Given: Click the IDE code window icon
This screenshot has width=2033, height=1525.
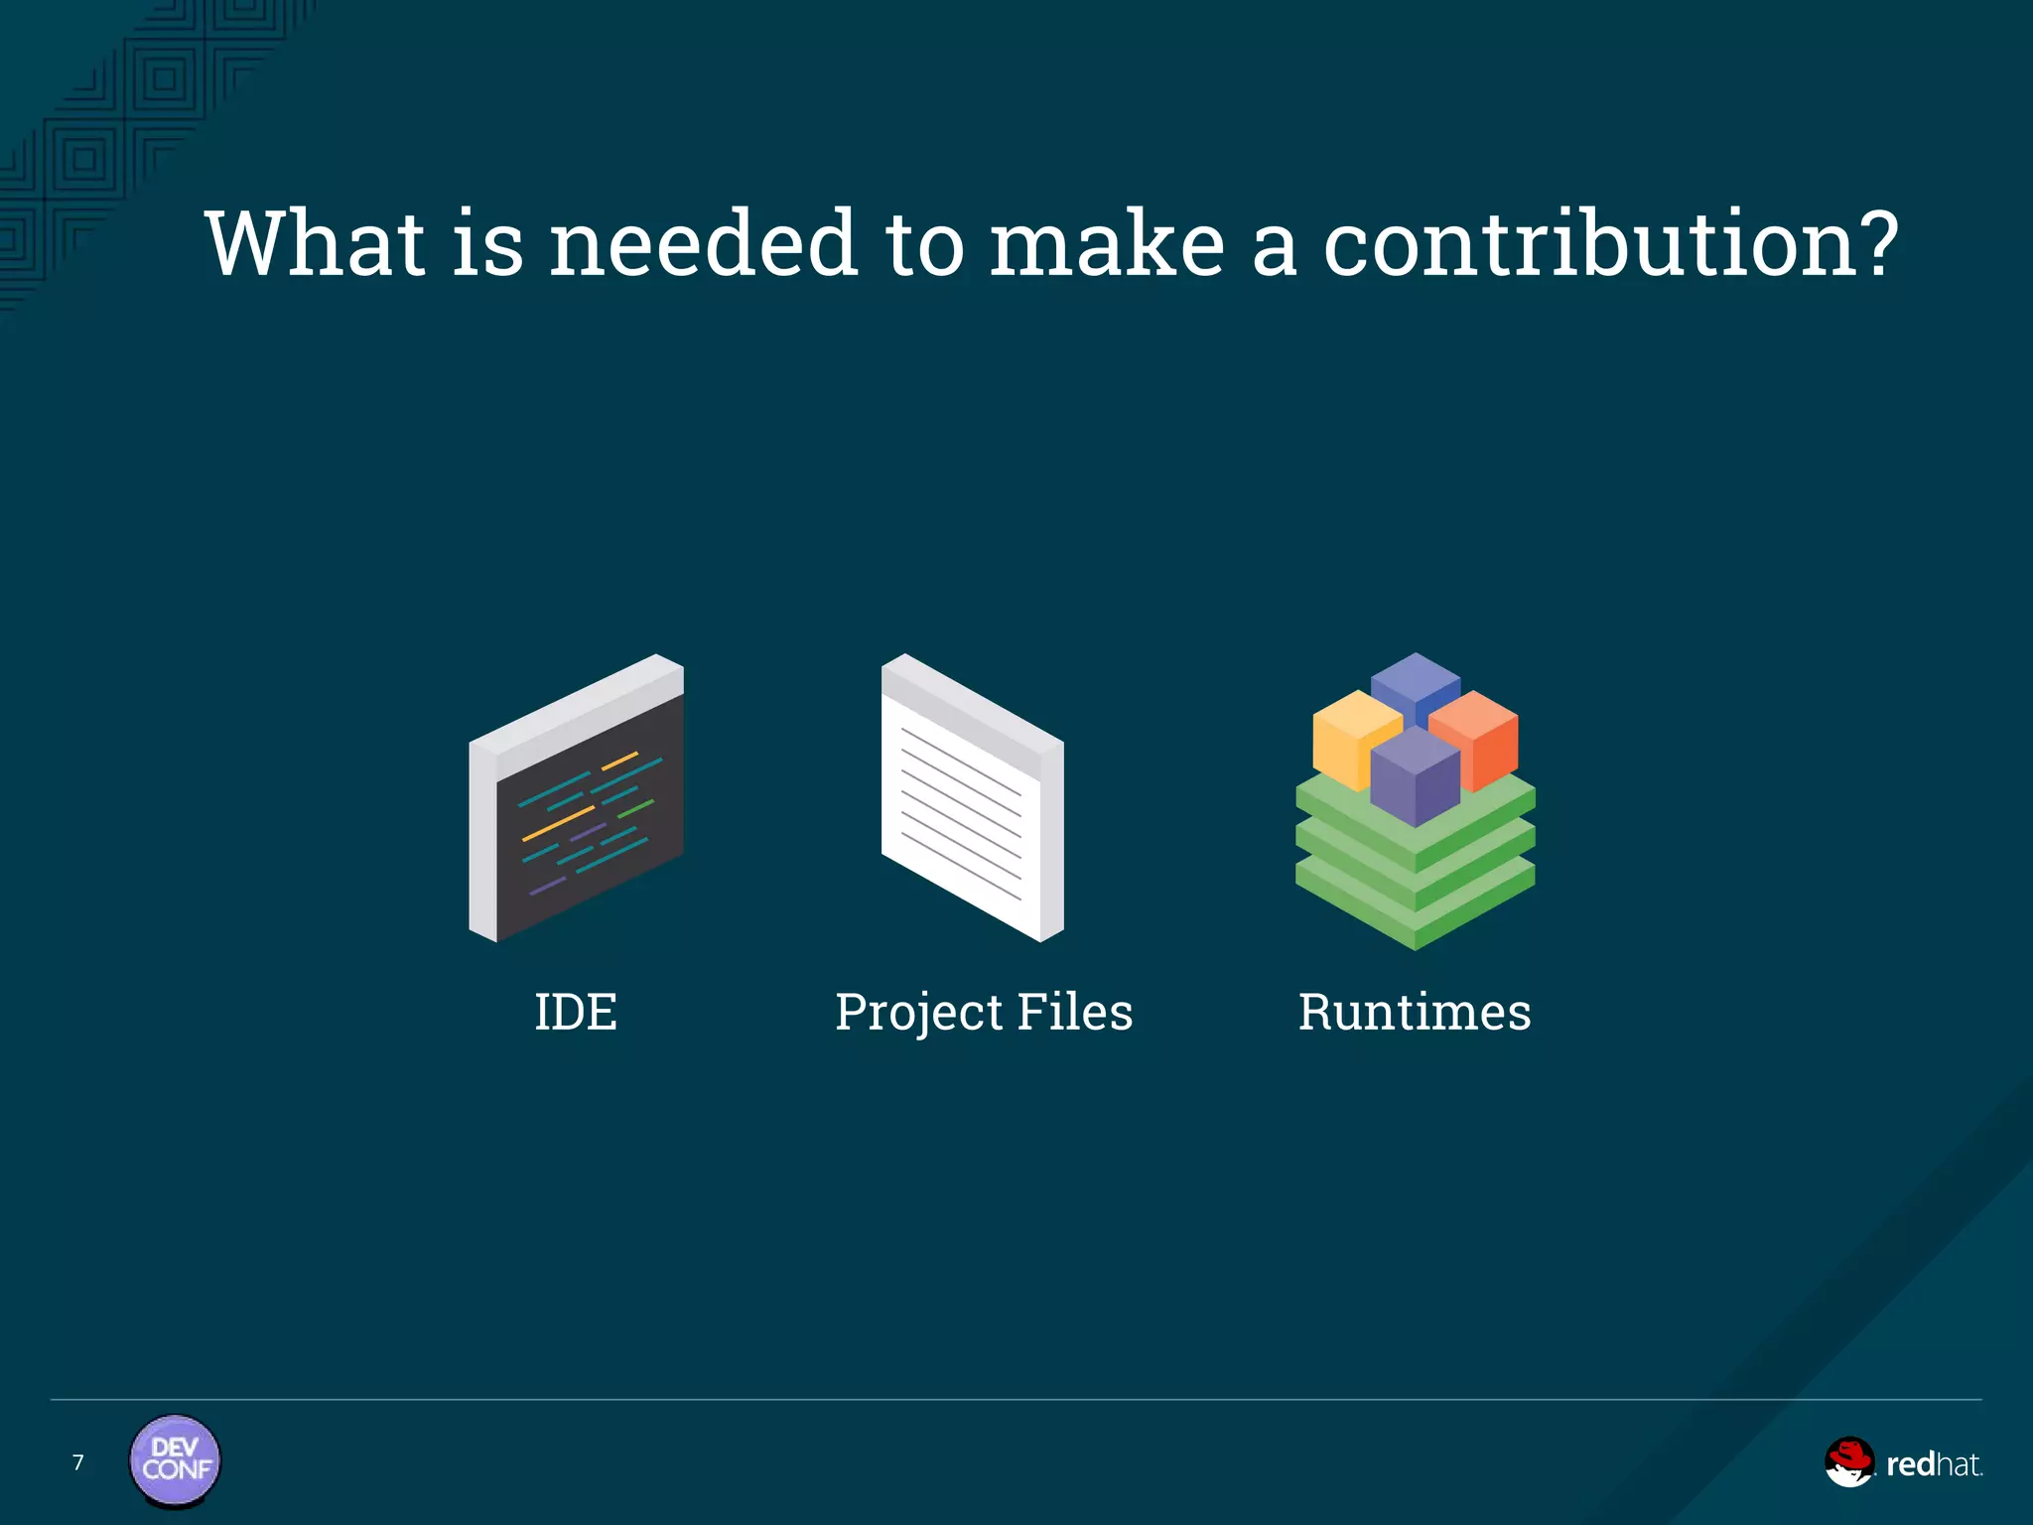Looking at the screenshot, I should click(x=577, y=799).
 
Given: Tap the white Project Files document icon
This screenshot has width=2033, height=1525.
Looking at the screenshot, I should click(x=972, y=799).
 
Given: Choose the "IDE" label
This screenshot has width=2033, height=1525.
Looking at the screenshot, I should click(x=576, y=1013).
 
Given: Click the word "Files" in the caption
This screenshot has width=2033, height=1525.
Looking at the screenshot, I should click(x=1075, y=1013).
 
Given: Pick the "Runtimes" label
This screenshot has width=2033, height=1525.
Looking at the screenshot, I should click(x=1415, y=1013).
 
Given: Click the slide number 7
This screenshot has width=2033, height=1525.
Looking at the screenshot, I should click(x=78, y=1462).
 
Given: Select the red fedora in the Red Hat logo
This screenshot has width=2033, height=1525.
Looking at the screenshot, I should click(x=1847, y=1455).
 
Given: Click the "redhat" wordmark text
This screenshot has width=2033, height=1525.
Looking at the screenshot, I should click(x=1933, y=1464).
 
